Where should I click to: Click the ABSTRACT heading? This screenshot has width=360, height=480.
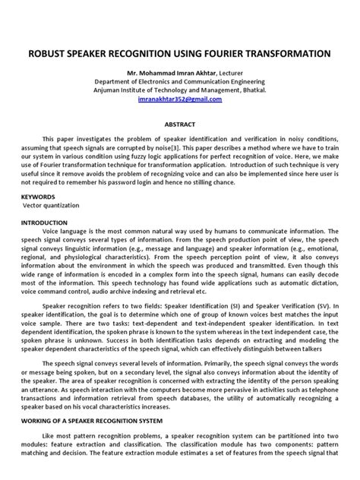pyautogui.click(x=179, y=125)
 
